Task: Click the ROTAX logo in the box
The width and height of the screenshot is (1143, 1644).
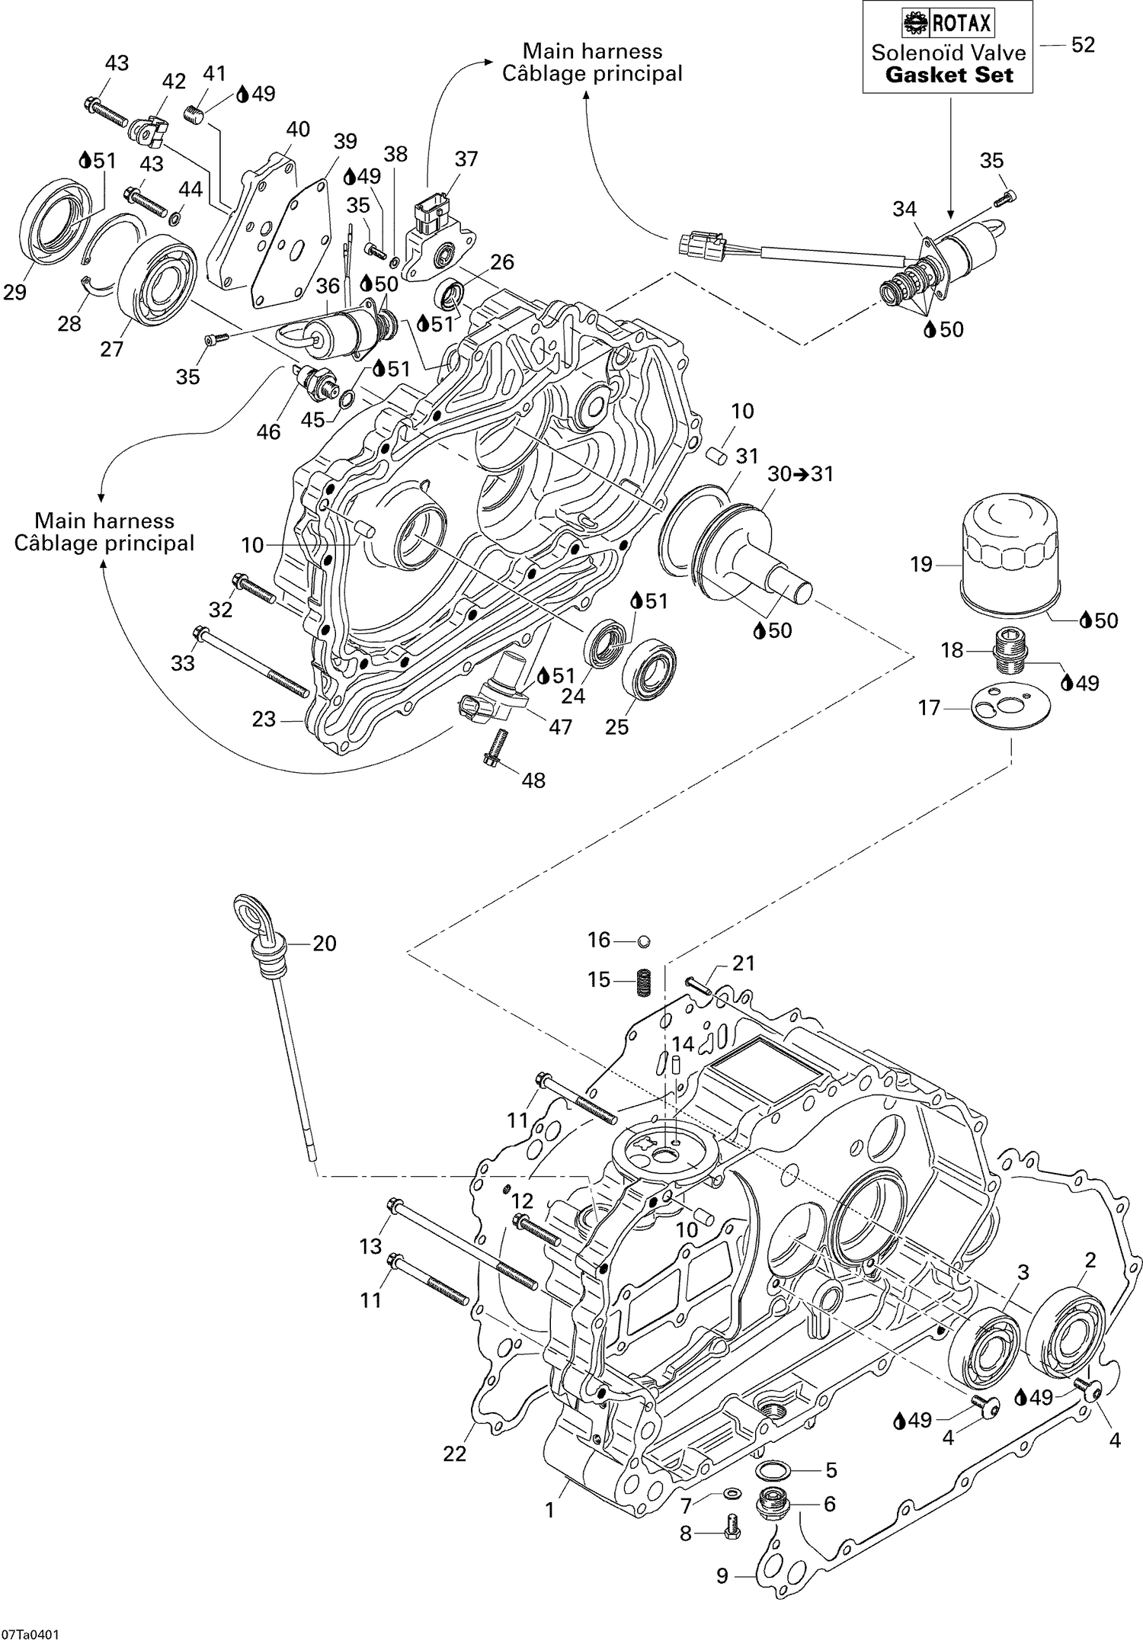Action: [948, 24]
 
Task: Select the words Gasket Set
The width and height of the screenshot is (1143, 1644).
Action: [949, 75]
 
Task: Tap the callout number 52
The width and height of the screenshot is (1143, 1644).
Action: [1083, 45]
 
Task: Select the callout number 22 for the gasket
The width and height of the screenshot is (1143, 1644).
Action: [454, 1454]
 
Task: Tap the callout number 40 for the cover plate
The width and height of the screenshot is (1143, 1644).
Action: [297, 130]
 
